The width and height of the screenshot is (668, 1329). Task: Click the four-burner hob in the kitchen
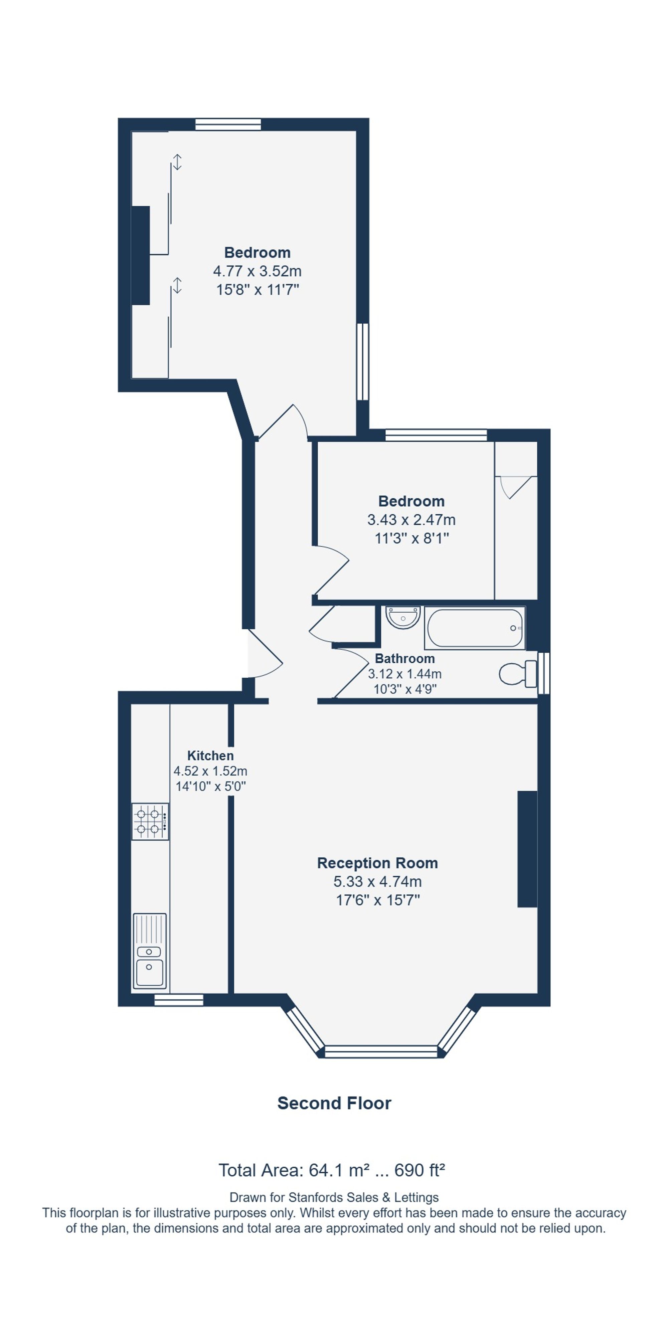tap(150, 821)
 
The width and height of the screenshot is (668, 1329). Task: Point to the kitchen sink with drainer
tap(150, 951)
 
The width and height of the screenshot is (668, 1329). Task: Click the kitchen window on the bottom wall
tap(179, 1000)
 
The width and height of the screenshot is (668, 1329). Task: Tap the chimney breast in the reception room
tap(527, 849)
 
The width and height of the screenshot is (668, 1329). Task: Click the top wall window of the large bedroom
tap(228, 124)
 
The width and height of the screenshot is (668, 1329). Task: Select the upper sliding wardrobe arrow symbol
tap(177, 162)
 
